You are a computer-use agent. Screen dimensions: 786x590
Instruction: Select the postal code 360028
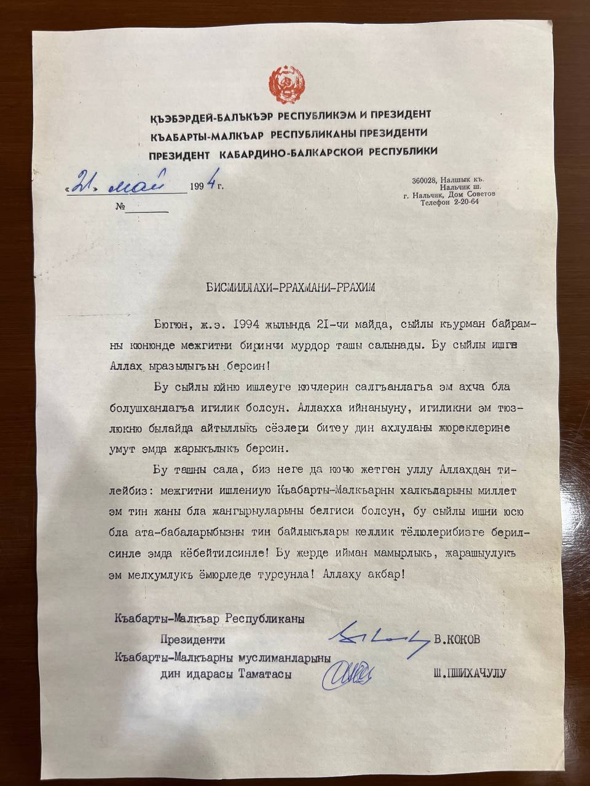click(424, 180)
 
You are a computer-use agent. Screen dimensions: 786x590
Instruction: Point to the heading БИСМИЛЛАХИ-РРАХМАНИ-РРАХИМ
click(289, 286)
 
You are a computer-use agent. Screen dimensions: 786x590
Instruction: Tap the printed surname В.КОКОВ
click(457, 639)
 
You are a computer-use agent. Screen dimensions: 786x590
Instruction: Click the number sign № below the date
click(120, 206)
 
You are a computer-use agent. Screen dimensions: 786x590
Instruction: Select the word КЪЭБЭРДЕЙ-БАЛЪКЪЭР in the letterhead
click(211, 115)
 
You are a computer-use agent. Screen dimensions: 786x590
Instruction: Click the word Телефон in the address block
click(437, 202)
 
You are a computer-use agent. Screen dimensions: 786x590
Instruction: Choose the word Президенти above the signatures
click(192, 640)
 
